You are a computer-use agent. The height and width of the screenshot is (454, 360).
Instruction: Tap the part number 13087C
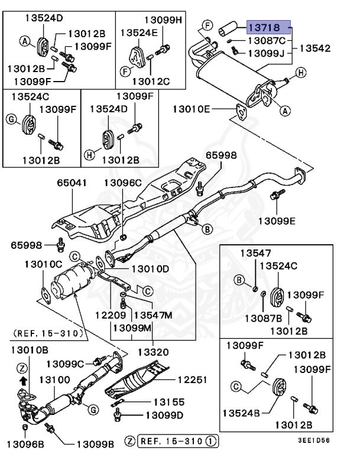pos(265,41)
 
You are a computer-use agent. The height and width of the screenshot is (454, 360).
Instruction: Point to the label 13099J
pos(265,53)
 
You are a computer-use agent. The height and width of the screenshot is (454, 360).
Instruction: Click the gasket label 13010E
pos(192,109)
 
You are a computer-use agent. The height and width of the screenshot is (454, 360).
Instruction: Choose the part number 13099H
pos(164,21)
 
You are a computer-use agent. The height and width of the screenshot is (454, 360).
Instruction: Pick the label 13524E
pos(140,34)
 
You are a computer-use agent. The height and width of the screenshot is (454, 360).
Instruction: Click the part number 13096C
pos(122,183)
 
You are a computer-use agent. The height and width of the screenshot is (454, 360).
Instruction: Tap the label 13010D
pos(150,269)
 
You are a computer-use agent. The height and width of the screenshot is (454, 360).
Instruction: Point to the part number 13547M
pos(152,316)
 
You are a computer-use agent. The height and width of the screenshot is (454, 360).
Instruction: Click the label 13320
pos(154,352)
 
